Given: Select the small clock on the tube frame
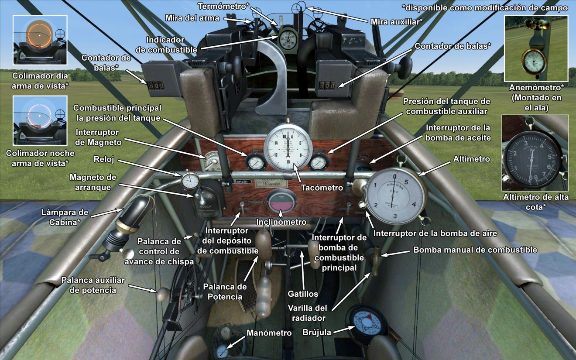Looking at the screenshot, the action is click(x=189, y=181).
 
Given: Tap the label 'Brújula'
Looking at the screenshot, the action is click(x=317, y=332).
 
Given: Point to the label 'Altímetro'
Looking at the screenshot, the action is click(x=472, y=159).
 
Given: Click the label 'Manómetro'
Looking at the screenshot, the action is click(x=269, y=333).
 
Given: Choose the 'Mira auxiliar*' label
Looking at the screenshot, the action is click(x=396, y=21).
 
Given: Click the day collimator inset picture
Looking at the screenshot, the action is click(x=40, y=40).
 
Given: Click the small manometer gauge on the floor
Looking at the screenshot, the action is click(x=222, y=350).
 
